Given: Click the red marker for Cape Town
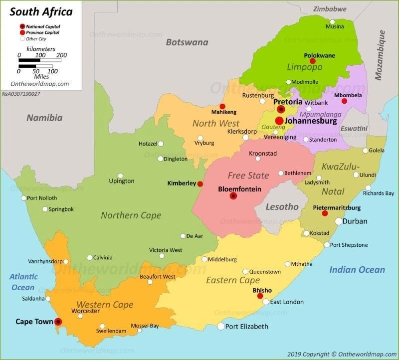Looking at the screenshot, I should click(58, 322).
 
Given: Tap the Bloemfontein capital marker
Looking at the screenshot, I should click(233, 196).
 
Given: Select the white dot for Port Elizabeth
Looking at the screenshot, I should click(221, 327).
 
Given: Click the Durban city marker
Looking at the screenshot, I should click(339, 221).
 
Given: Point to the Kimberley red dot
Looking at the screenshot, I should click(200, 184).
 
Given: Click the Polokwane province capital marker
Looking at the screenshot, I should click(313, 61).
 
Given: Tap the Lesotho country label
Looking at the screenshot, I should click(282, 206).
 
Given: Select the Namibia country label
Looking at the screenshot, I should click(44, 118).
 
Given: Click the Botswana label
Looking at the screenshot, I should click(187, 42).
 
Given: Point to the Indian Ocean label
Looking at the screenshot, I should click(357, 270).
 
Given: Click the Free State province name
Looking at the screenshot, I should click(248, 176).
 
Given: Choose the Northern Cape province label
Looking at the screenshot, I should click(131, 215).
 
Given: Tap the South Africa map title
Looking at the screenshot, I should click(41, 11).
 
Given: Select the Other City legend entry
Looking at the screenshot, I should click(22, 38).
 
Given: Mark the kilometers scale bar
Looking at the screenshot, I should click(40, 60).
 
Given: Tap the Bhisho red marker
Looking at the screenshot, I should click(260, 296).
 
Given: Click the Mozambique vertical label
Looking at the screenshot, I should click(381, 55).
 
